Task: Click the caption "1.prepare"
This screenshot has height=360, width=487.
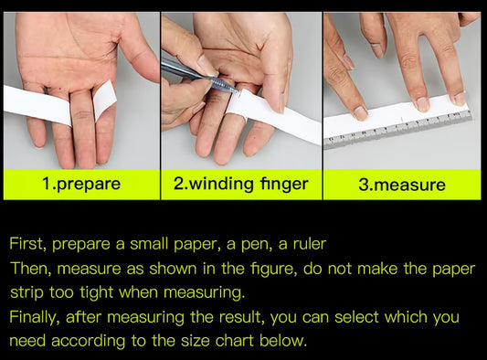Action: point(81,184)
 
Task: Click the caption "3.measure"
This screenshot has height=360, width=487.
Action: point(402,185)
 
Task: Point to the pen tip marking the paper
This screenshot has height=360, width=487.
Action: point(238,91)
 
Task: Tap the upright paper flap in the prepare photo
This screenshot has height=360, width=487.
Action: point(105,100)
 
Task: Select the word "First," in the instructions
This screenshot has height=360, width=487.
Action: point(28,244)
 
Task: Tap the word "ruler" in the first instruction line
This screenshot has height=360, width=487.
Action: point(310,244)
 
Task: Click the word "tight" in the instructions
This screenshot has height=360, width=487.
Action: point(96,293)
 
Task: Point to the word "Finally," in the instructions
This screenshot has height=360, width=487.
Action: point(34,317)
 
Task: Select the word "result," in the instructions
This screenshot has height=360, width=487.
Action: point(242,317)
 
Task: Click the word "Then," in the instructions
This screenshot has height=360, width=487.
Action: point(31,269)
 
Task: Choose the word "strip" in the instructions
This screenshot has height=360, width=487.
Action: point(26,293)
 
